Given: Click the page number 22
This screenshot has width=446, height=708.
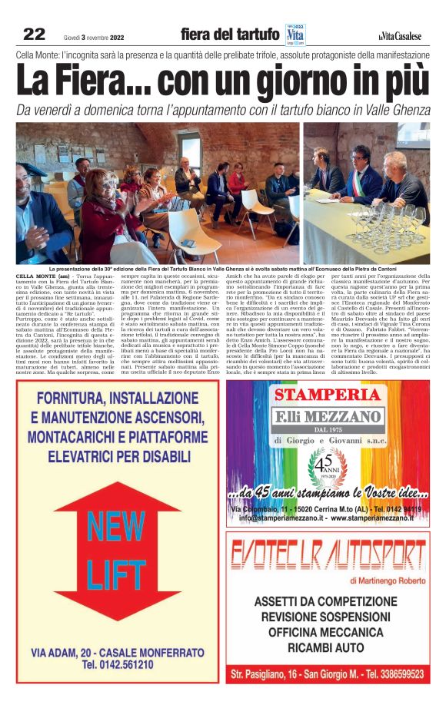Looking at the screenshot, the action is [x=34, y=34].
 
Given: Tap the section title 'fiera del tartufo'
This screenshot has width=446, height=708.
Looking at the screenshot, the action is [x=229, y=35].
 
